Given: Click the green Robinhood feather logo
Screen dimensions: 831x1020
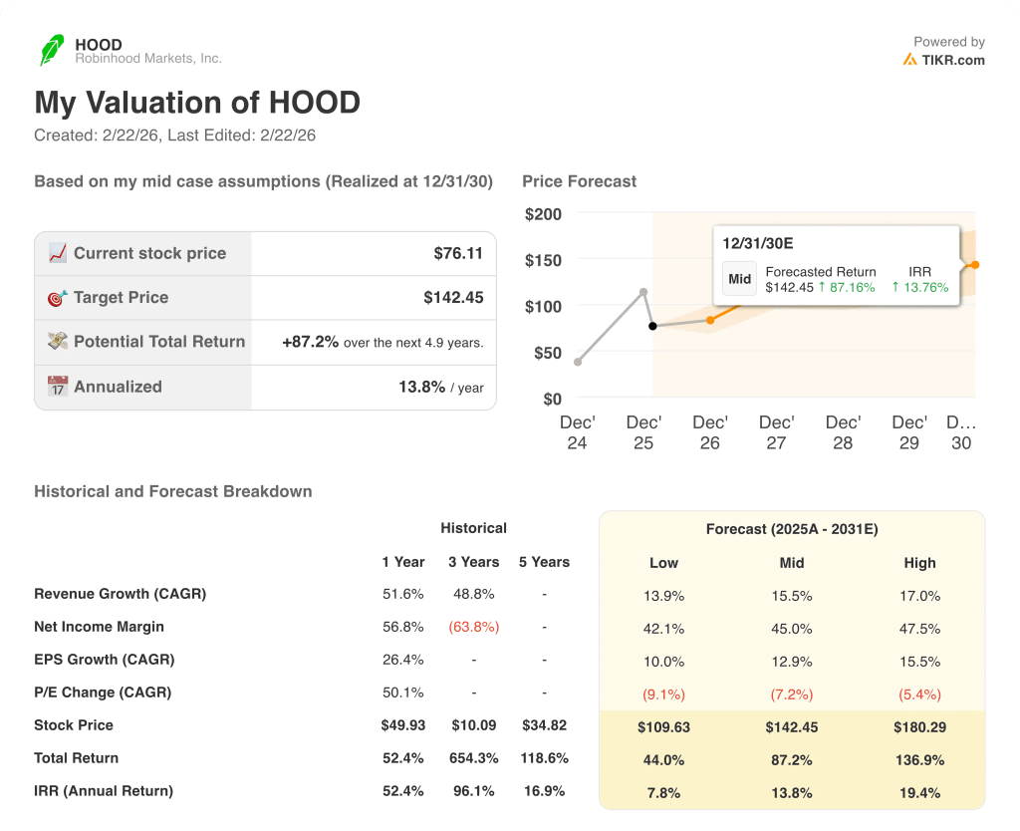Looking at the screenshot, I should tap(51, 50).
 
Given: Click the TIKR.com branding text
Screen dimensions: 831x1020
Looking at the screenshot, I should tap(952, 60).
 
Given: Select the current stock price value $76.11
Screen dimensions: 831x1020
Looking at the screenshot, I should tap(458, 253).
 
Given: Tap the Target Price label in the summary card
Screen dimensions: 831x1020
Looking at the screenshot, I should tap(121, 297).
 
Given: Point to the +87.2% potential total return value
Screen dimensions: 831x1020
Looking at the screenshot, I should tap(310, 342).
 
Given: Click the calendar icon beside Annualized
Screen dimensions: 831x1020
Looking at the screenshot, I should tap(58, 387).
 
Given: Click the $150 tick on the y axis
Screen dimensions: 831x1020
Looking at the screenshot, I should tap(543, 260).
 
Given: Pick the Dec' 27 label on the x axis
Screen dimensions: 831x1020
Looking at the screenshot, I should tap(776, 432).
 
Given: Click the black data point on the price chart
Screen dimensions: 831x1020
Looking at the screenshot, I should tap(652, 326).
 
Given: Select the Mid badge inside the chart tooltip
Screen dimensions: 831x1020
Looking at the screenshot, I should tap(739, 279).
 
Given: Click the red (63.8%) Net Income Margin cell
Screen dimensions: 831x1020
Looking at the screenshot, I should tap(473, 627).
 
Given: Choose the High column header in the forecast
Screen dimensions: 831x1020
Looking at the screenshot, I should tap(919, 563).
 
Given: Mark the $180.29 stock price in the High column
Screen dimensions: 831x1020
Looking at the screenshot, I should tap(919, 727).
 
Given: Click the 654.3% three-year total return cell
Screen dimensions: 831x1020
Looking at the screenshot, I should tap(473, 758).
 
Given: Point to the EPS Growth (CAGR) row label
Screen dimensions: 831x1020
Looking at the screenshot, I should tap(104, 660).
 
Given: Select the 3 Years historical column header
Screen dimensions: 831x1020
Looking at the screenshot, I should tap(473, 562).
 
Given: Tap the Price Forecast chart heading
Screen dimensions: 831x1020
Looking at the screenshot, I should tap(579, 181).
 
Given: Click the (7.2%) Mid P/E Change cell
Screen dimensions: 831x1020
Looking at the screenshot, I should tap(792, 694).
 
